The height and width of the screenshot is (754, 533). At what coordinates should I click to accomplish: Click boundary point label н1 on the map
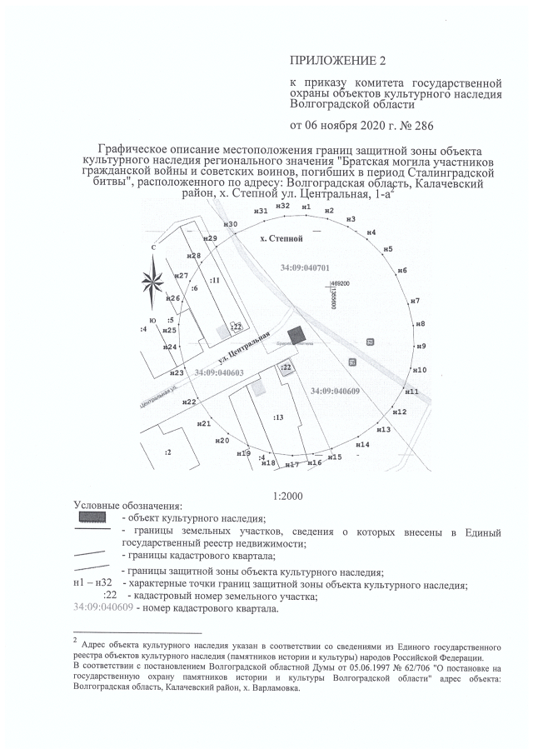point(306,206)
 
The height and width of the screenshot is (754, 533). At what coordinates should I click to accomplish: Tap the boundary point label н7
point(415,300)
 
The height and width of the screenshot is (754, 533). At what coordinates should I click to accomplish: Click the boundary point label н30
point(232,225)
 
